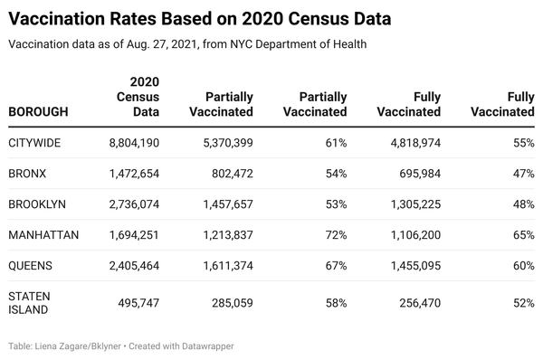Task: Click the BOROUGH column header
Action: [38, 112]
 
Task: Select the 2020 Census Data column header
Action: [138, 97]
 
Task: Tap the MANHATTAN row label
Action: [43, 235]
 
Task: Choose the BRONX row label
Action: [30, 174]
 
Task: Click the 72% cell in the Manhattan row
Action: [336, 235]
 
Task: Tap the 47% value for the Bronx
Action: [523, 174]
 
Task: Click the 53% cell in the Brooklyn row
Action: [336, 204]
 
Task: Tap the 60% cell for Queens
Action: [523, 266]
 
